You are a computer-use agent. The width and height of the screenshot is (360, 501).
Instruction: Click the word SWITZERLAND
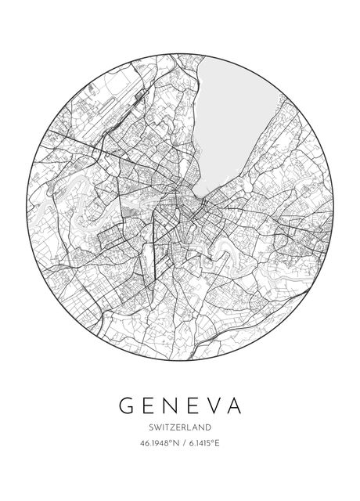point(179,427)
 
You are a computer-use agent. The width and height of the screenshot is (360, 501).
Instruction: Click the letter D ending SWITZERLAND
point(209,427)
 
